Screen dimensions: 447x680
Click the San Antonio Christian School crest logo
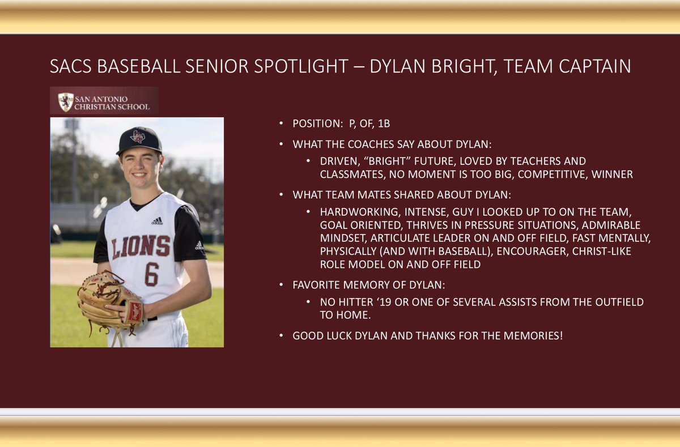pyautogui.click(x=66, y=102)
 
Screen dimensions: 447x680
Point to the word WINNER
pyautogui.click(x=612, y=174)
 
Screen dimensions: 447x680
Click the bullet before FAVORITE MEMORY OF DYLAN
pyautogui.click(x=282, y=285)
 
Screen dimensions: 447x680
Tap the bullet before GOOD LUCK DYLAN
pyautogui.click(x=282, y=336)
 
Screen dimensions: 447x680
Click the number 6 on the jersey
pyautogui.click(x=151, y=274)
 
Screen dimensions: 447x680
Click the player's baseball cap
pyautogui.click(x=139, y=139)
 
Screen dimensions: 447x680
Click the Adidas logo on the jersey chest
pyautogui.click(x=157, y=221)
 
